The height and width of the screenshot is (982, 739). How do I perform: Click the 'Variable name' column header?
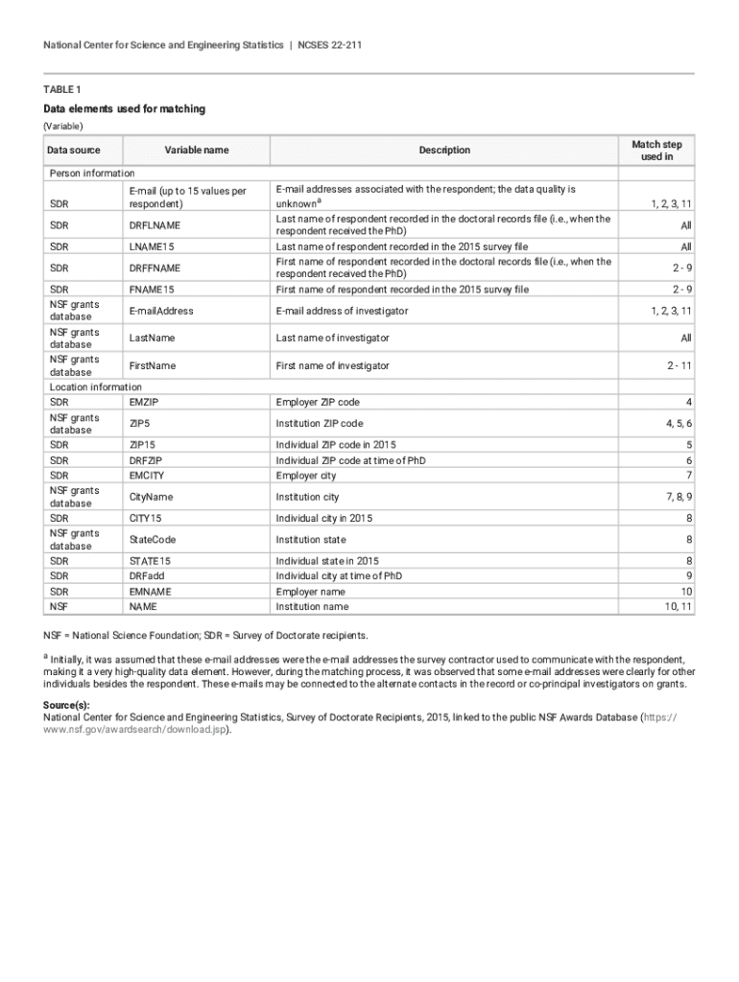tap(196, 150)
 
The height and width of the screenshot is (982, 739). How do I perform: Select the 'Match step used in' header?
tap(656, 150)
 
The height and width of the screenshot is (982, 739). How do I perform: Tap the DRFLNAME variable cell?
tap(155, 225)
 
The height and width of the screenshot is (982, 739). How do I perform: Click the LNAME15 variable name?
tap(152, 246)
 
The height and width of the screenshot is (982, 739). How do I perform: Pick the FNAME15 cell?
tap(152, 290)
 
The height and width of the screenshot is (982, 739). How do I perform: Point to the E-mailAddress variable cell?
tap(161, 311)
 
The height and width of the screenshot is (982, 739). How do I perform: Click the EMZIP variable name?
tap(144, 402)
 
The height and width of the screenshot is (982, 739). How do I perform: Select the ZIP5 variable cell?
tap(139, 423)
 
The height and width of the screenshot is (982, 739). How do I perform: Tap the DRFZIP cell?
tap(145, 460)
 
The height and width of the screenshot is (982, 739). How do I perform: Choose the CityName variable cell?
tap(151, 497)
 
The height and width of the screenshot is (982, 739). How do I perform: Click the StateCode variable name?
tap(153, 539)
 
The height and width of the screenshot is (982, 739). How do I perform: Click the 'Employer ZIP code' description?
tap(318, 402)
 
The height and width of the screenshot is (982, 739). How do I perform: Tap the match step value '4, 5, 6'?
tap(676, 423)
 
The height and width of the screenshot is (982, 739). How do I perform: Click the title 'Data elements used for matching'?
tap(124, 109)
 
